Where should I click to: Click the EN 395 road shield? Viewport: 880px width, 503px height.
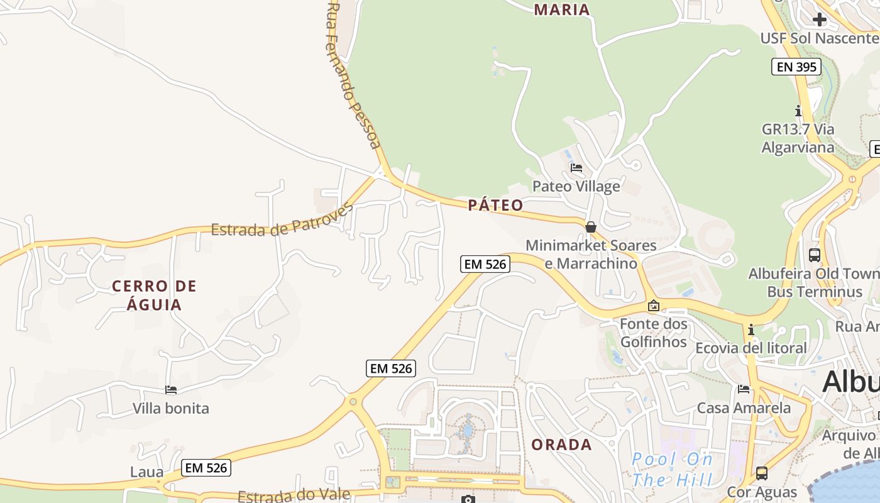pyautogui.click(x=796, y=67)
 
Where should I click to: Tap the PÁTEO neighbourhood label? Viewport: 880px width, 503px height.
pyautogui.click(x=495, y=205)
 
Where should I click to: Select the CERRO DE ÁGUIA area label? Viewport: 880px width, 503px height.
pyautogui.click(x=154, y=296)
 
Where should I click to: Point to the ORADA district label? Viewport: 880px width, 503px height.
pyautogui.click(x=561, y=445)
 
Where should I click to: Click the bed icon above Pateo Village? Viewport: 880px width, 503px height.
pyautogui.click(x=576, y=168)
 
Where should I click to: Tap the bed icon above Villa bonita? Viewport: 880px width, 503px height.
pyautogui.click(x=170, y=390)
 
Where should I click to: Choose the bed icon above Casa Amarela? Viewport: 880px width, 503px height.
pyautogui.click(x=744, y=389)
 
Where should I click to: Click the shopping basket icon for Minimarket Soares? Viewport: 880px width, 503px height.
pyautogui.click(x=591, y=227)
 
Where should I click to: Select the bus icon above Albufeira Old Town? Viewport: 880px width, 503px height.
pyautogui.click(x=815, y=255)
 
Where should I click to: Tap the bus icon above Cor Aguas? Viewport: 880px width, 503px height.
pyautogui.click(x=762, y=473)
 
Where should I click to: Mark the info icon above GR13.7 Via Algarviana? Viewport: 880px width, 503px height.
pyautogui.click(x=798, y=111)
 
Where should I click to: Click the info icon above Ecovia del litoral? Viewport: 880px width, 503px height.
pyautogui.click(x=751, y=329)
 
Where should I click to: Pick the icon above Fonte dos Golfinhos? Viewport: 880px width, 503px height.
pyautogui.click(x=654, y=306)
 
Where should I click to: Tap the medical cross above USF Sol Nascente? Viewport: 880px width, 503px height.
pyautogui.click(x=819, y=19)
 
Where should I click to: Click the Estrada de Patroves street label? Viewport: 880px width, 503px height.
pyautogui.click(x=282, y=221)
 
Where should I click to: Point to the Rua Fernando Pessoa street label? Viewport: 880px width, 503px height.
pyautogui.click(x=353, y=75)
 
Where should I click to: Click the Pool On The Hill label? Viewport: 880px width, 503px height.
pyautogui.click(x=672, y=470)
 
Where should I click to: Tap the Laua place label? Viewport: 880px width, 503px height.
pyautogui.click(x=146, y=472)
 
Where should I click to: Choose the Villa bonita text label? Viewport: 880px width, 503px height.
pyautogui.click(x=170, y=409)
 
